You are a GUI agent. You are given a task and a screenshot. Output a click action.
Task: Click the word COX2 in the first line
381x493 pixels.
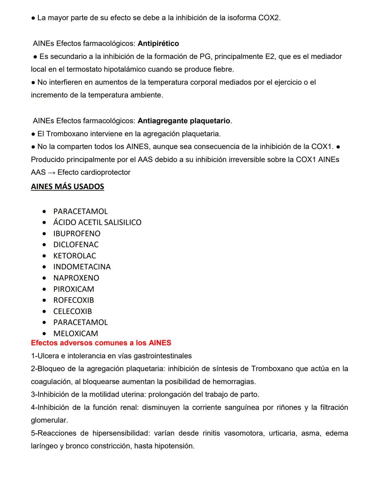269,18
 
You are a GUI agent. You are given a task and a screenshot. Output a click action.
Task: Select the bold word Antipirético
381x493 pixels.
158,43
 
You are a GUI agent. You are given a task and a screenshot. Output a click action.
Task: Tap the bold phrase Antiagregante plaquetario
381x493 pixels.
184,121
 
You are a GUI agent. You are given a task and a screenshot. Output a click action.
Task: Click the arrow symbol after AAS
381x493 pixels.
52,173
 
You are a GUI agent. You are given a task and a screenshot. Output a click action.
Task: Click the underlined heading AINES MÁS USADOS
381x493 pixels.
67,186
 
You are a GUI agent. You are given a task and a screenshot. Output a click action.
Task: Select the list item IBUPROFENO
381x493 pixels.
77,234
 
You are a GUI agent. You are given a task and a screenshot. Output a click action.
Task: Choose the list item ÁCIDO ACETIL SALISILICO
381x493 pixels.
97,222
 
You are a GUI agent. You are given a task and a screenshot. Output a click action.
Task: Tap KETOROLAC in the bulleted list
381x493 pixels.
74,256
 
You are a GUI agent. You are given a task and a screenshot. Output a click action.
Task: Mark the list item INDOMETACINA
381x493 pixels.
82,267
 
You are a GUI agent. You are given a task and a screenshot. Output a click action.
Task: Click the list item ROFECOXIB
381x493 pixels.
73,300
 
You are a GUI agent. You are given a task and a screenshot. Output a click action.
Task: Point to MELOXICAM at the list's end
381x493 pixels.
75,333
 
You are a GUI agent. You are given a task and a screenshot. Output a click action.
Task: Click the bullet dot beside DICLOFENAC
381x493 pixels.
44,245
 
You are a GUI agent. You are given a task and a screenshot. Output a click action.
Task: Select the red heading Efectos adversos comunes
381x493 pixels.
101,343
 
